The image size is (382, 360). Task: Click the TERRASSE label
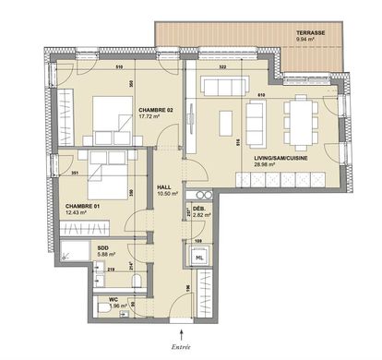pos(310,32)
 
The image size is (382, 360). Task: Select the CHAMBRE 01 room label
pos(83,207)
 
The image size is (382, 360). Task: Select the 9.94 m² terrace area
pos(306,41)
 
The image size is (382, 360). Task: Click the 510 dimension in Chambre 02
pos(118,68)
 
